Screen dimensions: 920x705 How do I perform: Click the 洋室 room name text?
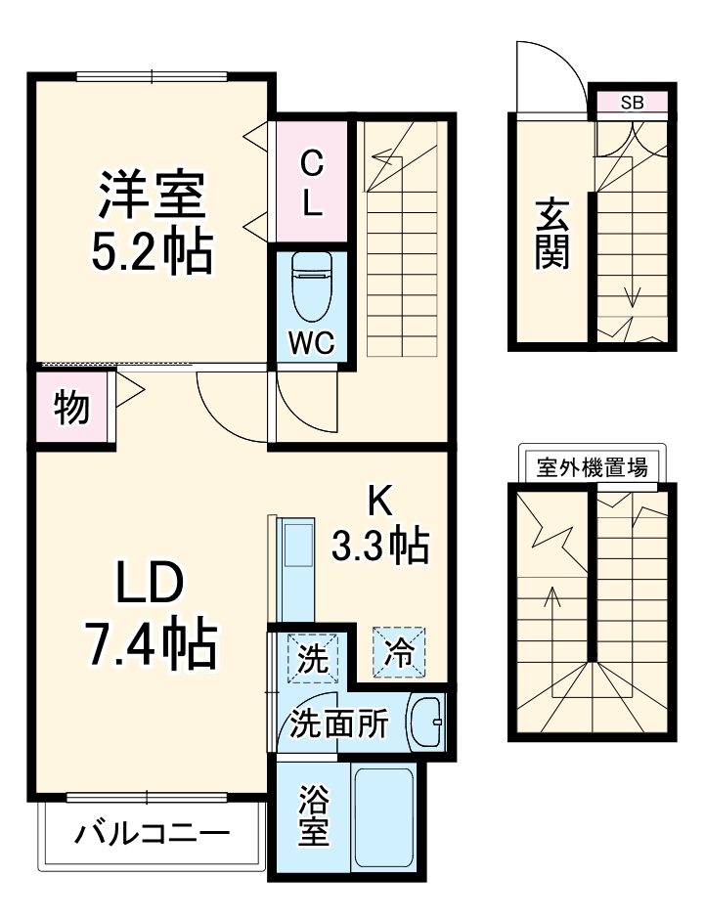click(151, 195)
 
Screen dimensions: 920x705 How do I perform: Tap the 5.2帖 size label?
click(151, 251)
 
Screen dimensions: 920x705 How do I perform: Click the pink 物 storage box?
click(71, 406)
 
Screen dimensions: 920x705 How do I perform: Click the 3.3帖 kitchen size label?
click(380, 545)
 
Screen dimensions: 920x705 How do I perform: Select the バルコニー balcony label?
click(153, 835)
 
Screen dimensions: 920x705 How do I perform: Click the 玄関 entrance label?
click(551, 234)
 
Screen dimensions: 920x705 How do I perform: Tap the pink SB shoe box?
click(632, 101)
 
